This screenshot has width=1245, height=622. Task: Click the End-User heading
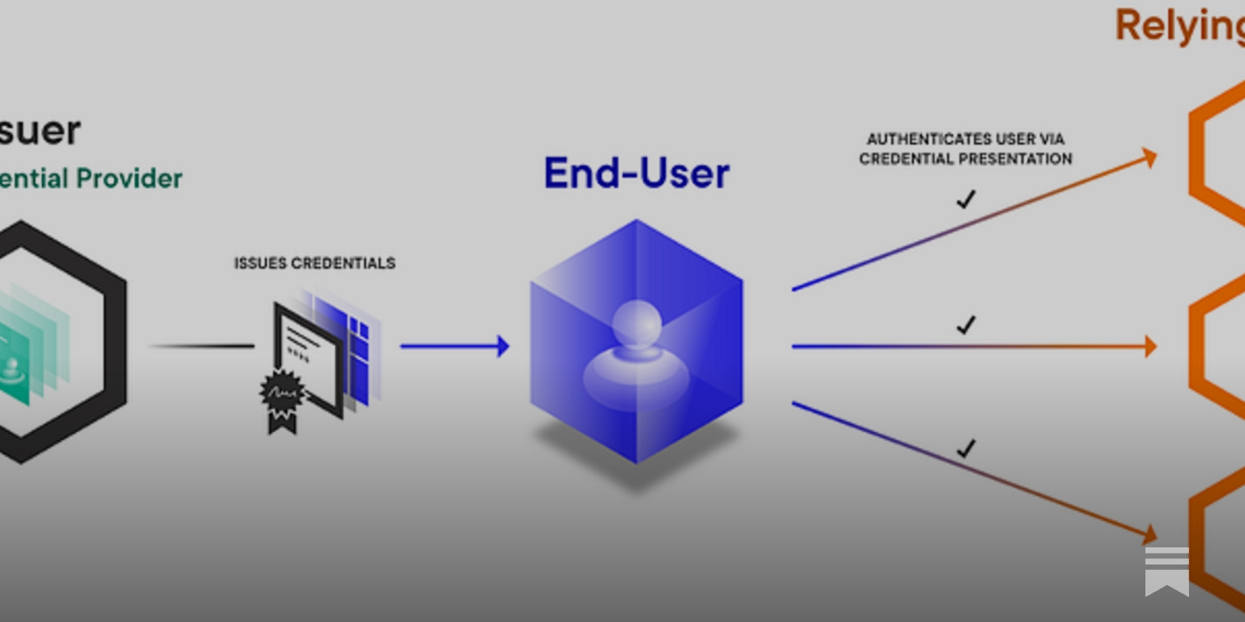coord(637,173)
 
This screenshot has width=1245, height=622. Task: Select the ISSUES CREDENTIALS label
coord(314,264)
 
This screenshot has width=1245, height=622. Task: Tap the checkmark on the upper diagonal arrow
coord(966,200)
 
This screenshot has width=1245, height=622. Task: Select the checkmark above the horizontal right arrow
coord(966,324)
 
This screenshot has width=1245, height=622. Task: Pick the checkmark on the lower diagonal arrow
coord(966,449)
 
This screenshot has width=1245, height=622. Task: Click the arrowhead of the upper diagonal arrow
coord(1149,159)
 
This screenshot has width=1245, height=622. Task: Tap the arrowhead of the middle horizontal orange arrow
coord(1150,346)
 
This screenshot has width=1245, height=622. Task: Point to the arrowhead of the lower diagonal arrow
coord(1149,534)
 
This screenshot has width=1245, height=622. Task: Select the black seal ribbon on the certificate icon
coord(281,400)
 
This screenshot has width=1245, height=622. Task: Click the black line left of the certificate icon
coord(202,345)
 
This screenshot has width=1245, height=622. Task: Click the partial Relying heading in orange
coord(1179,26)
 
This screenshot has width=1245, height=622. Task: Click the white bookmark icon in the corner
coord(1166,571)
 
